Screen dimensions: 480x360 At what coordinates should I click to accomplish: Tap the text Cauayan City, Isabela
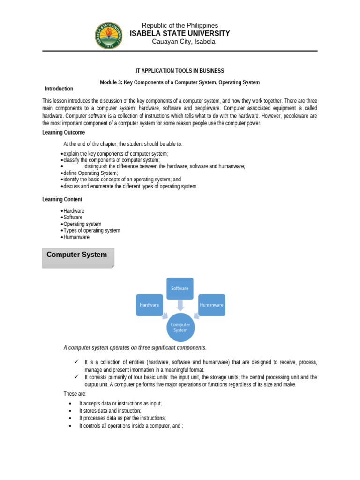click(x=183, y=42)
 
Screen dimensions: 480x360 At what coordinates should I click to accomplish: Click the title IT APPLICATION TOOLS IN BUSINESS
click(x=180, y=71)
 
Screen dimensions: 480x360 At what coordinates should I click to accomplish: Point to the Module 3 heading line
click(x=180, y=82)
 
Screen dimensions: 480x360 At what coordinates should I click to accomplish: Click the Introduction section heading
click(x=59, y=89)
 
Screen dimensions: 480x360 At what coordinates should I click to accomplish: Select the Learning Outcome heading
click(x=64, y=133)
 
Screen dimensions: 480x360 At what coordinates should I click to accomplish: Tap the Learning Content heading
click(x=62, y=199)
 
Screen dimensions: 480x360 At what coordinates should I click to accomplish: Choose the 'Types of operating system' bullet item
click(x=91, y=230)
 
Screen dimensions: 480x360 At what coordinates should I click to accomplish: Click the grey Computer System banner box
click(x=78, y=258)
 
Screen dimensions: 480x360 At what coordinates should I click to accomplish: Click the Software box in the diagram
click(x=180, y=289)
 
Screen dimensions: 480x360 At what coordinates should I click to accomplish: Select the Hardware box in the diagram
click(x=149, y=305)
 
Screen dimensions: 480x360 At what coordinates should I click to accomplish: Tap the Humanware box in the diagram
click(x=211, y=305)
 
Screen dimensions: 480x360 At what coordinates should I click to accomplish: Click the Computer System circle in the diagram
click(x=180, y=327)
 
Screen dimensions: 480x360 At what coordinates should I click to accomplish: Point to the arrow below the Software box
click(x=180, y=306)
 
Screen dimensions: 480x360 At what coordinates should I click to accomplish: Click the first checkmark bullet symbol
click(x=75, y=362)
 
